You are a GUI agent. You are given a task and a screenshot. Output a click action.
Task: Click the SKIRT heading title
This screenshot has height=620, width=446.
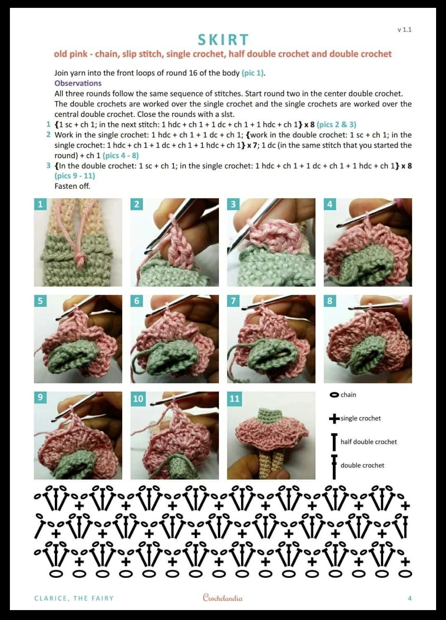[223, 40]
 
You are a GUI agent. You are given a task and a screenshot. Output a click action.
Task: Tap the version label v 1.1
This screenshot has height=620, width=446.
[405, 30]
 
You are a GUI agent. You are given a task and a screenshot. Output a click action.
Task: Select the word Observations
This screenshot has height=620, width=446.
[78, 83]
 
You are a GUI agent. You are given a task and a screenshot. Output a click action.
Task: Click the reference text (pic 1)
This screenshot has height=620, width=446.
[253, 73]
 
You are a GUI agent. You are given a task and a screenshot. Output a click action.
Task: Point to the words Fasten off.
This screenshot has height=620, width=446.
[72, 186]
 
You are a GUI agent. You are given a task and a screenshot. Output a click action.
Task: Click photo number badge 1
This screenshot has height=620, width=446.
[40, 204]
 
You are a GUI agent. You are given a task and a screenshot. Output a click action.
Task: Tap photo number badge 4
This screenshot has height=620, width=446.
[330, 204]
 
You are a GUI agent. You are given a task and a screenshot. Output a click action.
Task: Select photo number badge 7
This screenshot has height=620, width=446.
[233, 301]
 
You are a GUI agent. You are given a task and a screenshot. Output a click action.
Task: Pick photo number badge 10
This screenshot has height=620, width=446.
[138, 399]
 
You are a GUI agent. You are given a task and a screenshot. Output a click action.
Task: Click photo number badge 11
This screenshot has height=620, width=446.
[234, 399]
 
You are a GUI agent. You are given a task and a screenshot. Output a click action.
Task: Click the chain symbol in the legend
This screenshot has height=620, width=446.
[334, 395]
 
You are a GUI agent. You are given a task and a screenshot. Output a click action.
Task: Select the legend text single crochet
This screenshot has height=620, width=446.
[361, 418]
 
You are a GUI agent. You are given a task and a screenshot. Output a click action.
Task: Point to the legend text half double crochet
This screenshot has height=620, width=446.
[368, 442]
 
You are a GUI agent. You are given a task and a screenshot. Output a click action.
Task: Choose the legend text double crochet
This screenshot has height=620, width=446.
[362, 465]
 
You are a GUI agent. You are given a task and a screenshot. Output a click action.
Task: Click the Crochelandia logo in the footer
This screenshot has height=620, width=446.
[223, 598]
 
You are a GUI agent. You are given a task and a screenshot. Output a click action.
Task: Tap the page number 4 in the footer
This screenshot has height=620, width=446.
[410, 598]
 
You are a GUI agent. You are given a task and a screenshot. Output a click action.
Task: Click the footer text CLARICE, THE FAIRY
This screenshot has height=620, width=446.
[74, 599]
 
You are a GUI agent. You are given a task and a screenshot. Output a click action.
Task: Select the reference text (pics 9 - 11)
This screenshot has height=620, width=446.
[75, 176]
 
